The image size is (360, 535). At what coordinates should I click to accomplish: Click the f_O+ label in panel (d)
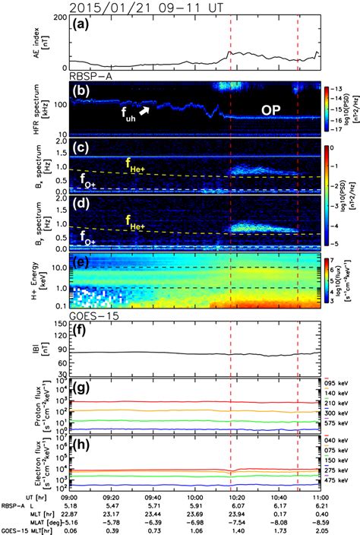point(89,237)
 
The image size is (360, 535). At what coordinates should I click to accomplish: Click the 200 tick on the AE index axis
point(58,17)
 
